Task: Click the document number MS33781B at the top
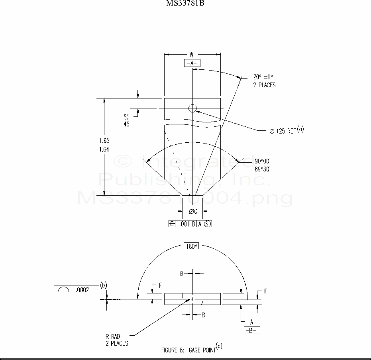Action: (x=185, y=4)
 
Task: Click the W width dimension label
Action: (x=192, y=55)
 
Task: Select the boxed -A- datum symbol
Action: (x=192, y=63)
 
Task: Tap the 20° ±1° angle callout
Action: (x=264, y=77)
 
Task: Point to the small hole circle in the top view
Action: (x=192, y=108)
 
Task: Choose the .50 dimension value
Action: (x=126, y=117)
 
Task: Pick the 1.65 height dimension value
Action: (x=104, y=141)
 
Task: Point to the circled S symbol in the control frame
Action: (x=207, y=224)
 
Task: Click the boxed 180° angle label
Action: (x=191, y=246)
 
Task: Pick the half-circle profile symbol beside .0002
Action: (x=63, y=290)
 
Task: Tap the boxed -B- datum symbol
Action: (x=252, y=330)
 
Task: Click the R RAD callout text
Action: (x=113, y=337)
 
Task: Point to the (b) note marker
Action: (x=103, y=285)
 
